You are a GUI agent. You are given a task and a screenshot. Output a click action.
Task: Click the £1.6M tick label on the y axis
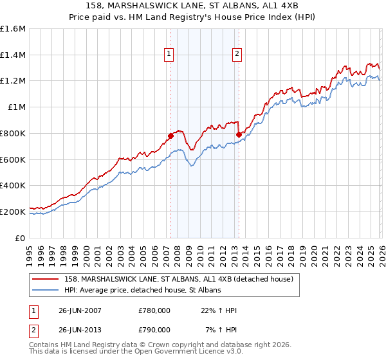(13, 29)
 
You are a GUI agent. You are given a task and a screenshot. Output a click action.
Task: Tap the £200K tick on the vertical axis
(13, 212)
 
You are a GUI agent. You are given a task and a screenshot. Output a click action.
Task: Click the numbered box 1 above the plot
(169, 55)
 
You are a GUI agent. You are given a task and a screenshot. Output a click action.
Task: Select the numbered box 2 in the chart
(237, 55)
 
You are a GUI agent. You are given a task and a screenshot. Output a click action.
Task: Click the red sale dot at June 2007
(171, 136)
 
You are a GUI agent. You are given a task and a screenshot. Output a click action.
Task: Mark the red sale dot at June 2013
(239, 134)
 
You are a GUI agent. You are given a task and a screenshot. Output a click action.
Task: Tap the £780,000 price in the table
(154, 310)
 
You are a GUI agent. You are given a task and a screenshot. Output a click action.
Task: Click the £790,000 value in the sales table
(154, 330)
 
